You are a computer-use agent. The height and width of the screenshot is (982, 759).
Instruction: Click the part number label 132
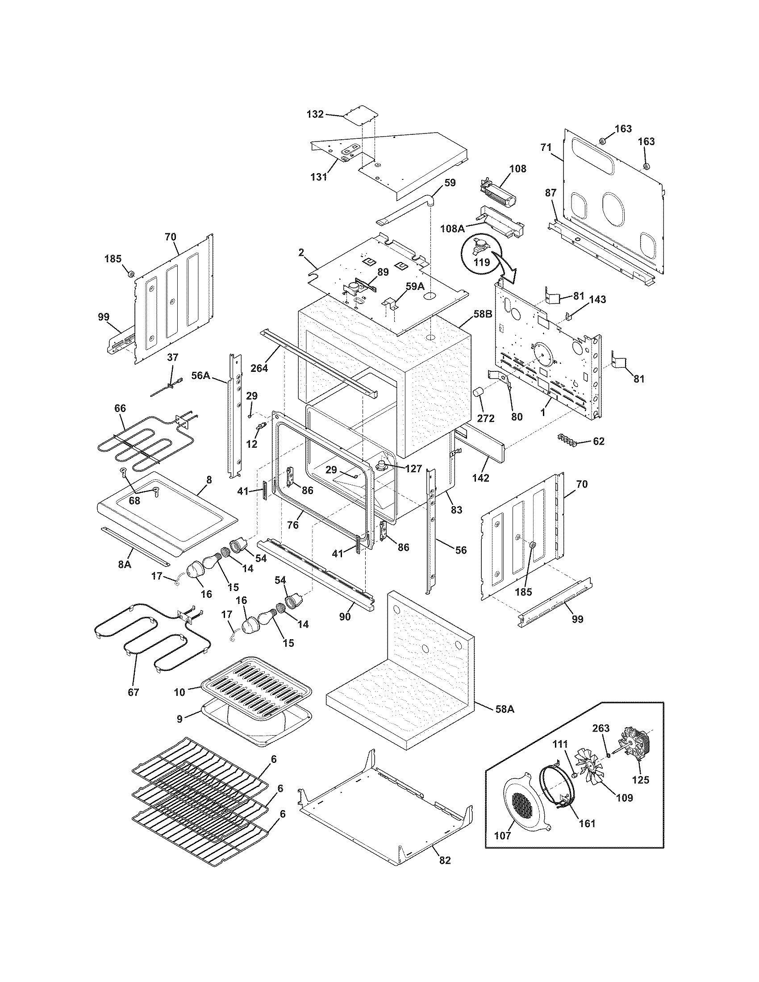pos(315,114)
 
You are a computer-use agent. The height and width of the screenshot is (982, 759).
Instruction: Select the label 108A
pos(452,229)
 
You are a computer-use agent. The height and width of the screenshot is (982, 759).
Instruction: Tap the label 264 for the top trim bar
pos(259,368)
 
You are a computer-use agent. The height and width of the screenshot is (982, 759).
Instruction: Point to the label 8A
pos(124,564)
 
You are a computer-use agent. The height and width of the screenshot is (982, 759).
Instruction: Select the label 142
pos(481,478)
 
